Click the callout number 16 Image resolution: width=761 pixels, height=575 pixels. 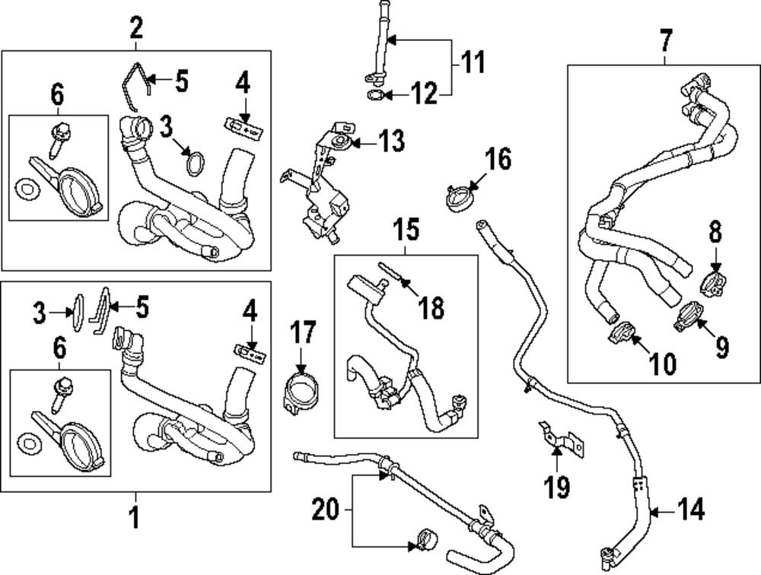(498, 160)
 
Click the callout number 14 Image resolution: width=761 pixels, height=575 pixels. (692, 509)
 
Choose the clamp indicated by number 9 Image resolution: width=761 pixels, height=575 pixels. (689, 315)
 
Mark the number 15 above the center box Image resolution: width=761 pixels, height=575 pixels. (405, 227)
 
